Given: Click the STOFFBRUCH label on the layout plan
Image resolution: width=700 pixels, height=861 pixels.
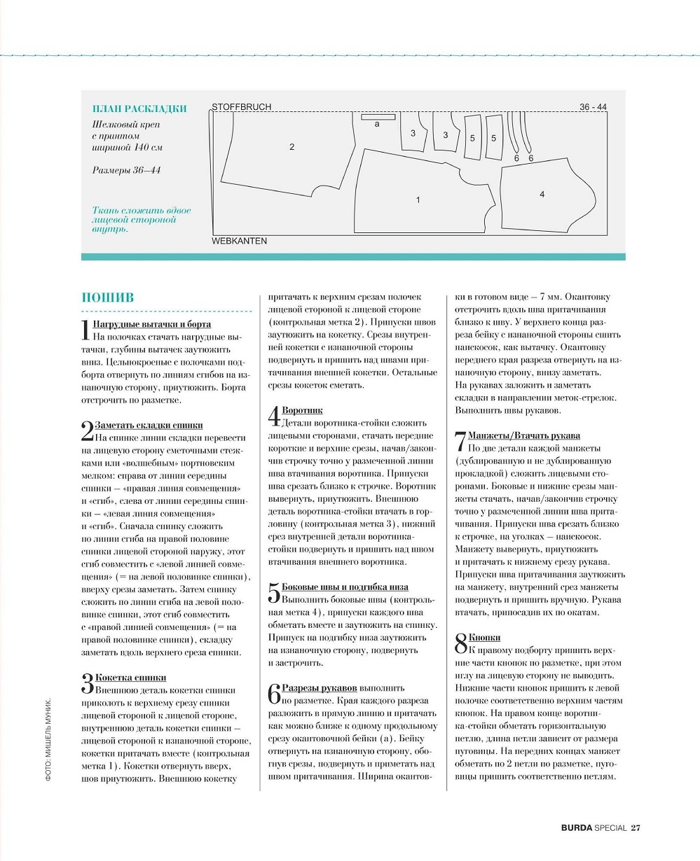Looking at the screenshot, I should (241, 107).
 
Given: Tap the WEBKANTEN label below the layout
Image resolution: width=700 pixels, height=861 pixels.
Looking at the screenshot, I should (239, 241).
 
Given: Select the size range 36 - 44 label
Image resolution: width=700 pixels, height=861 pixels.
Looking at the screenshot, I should (593, 107).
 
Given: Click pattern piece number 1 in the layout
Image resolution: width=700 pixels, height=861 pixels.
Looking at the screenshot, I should (418, 200).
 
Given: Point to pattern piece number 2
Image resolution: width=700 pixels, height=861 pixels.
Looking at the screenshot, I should (291, 147).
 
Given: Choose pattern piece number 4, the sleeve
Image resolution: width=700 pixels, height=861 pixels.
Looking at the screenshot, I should (542, 195).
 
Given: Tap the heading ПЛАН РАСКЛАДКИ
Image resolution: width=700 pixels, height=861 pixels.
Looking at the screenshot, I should (139, 108).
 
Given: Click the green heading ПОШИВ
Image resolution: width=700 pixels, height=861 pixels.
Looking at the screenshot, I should (108, 297).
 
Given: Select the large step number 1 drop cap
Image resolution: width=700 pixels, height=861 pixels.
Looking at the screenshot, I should (86, 329).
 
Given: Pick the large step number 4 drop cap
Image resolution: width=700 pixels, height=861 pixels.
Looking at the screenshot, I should (274, 415).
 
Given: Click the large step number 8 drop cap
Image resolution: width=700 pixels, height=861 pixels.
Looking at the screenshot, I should (460, 643).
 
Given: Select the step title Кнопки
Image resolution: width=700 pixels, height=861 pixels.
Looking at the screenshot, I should (483, 638).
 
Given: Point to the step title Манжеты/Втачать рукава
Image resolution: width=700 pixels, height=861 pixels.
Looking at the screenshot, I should (523, 436).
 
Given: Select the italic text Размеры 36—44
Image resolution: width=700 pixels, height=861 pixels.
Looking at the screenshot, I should (126, 170).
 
